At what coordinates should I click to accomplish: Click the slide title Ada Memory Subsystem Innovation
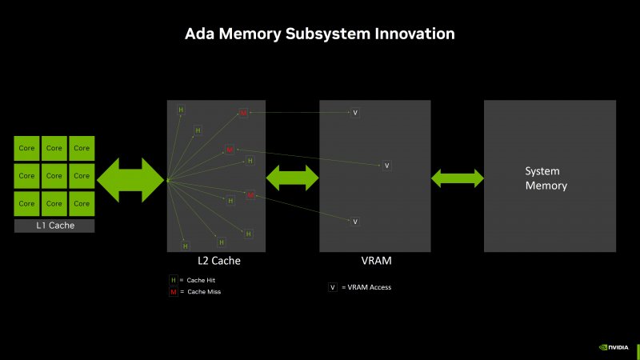(x=320, y=34)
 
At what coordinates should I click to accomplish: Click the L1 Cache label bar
(x=54, y=226)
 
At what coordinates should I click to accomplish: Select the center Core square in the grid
(x=54, y=175)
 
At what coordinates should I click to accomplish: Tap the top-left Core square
(x=27, y=148)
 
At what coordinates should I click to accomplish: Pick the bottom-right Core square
(x=82, y=203)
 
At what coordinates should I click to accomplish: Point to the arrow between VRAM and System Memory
(x=458, y=178)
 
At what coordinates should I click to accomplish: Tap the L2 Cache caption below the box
(x=219, y=261)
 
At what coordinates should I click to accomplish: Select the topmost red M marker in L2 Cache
(x=243, y=114)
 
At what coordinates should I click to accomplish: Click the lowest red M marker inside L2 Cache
(x=250, y=195)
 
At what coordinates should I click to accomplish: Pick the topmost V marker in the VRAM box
(x=355, y=113)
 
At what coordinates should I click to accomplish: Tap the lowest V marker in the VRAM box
(x=355, y=222)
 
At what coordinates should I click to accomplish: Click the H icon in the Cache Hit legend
(x=173, y=280)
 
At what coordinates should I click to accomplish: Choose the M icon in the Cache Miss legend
(x=173, y=292)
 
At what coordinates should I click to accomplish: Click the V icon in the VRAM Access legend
(x=332, y=287)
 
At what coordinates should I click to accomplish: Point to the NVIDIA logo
(x=614, y=348)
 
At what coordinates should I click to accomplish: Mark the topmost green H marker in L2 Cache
(x=181, y=109)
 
